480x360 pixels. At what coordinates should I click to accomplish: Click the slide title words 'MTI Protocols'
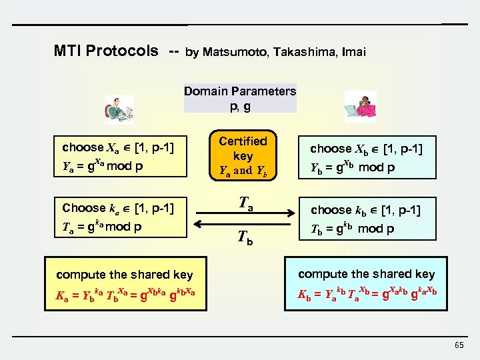click(x=106, y=51)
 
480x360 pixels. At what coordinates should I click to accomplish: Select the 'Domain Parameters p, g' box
click(x=240, y=98)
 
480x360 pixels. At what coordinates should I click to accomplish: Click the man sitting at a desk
click(x=119, y=109)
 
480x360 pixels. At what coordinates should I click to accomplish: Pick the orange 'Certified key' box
click(x=243, y=155)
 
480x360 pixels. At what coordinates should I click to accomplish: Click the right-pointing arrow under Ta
click(x=243, y=213)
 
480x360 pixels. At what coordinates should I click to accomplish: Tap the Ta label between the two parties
click(x=243, y=198)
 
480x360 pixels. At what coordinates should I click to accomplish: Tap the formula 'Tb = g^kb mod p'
click(x=353, y=228)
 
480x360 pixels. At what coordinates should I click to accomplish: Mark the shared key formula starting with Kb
click(x=366, y=294)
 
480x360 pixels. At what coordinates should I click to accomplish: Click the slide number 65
click(x=459, y=345)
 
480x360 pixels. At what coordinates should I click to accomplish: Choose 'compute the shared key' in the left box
click(x=125, y=274)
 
